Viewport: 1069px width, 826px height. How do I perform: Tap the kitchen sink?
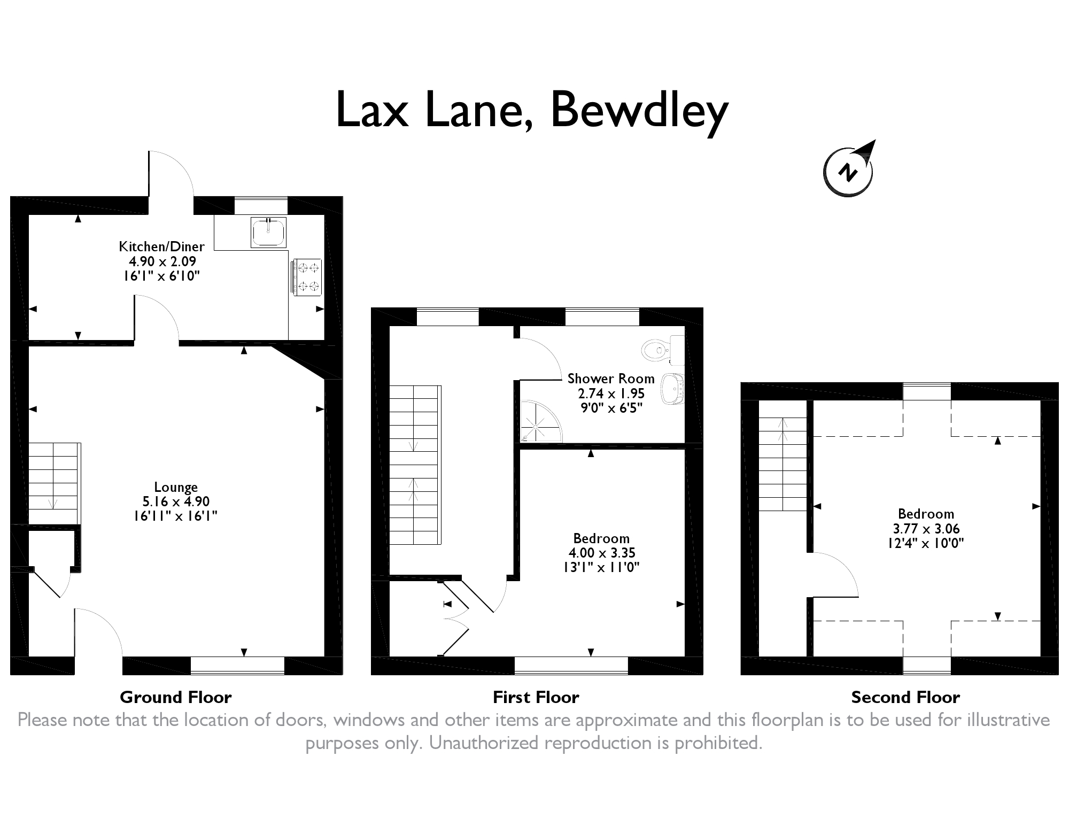[269, 232]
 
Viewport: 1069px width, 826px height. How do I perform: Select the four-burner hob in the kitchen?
[307, 276]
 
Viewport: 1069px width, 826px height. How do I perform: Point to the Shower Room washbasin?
[672, 390]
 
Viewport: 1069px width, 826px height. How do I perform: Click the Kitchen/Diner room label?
[161, 246]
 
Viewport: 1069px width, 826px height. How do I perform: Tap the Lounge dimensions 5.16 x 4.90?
[176, 501]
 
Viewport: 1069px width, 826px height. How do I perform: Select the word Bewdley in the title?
[639, 111]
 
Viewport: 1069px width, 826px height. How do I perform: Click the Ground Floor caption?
[175, 697]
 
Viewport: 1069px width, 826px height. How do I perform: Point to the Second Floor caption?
[905, 697]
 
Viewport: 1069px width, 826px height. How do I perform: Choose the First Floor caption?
[536, 697]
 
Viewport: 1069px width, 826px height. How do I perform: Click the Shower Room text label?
[611, 379]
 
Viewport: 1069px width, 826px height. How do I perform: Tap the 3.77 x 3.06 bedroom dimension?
[926, 529]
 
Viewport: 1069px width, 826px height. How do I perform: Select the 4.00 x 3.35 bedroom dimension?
[602, 553]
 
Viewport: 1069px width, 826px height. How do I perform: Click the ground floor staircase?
[53, 483]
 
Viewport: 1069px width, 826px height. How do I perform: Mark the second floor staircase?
[783, 463]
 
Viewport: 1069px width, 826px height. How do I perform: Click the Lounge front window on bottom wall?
[237, 665]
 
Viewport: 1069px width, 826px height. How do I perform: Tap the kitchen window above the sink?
[261, 205]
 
